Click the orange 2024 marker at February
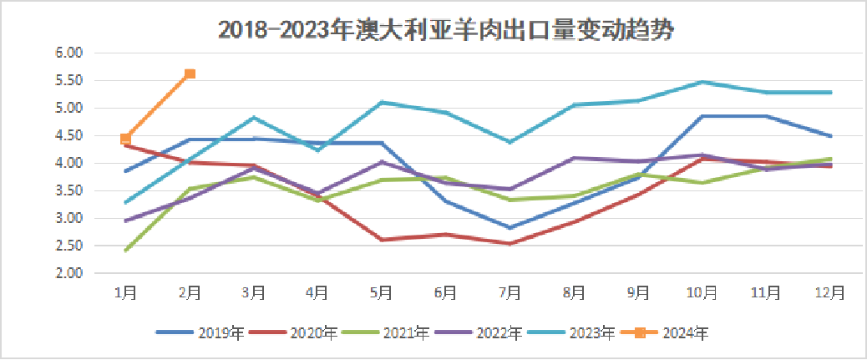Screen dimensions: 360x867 coord(190,74)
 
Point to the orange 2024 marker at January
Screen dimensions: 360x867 coord(125,139)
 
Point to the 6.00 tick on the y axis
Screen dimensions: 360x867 coord(72,53)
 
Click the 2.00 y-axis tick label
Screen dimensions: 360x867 coord(72,273)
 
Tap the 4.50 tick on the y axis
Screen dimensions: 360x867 coord(72,135)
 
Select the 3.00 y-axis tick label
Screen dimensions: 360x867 coord(72,218)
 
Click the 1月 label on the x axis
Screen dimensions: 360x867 coord(126,292)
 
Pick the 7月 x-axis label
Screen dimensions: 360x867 coord(510,292)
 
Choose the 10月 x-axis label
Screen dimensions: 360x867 coord(702,292)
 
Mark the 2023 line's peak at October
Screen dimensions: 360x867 coord(702,82)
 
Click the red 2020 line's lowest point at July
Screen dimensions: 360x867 coord(510,244)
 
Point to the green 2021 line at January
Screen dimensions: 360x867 coord(126,250)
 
